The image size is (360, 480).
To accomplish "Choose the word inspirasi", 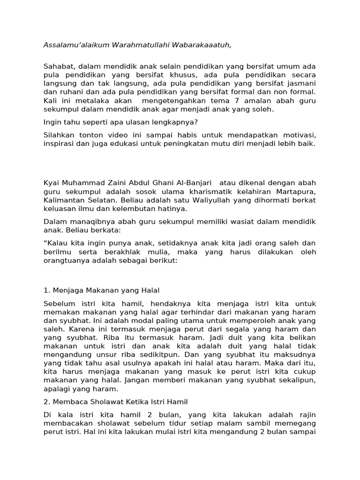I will coord(59,143).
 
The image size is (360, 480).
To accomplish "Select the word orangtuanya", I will coord(67,260).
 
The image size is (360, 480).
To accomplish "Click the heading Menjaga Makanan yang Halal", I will coord(105,290).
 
